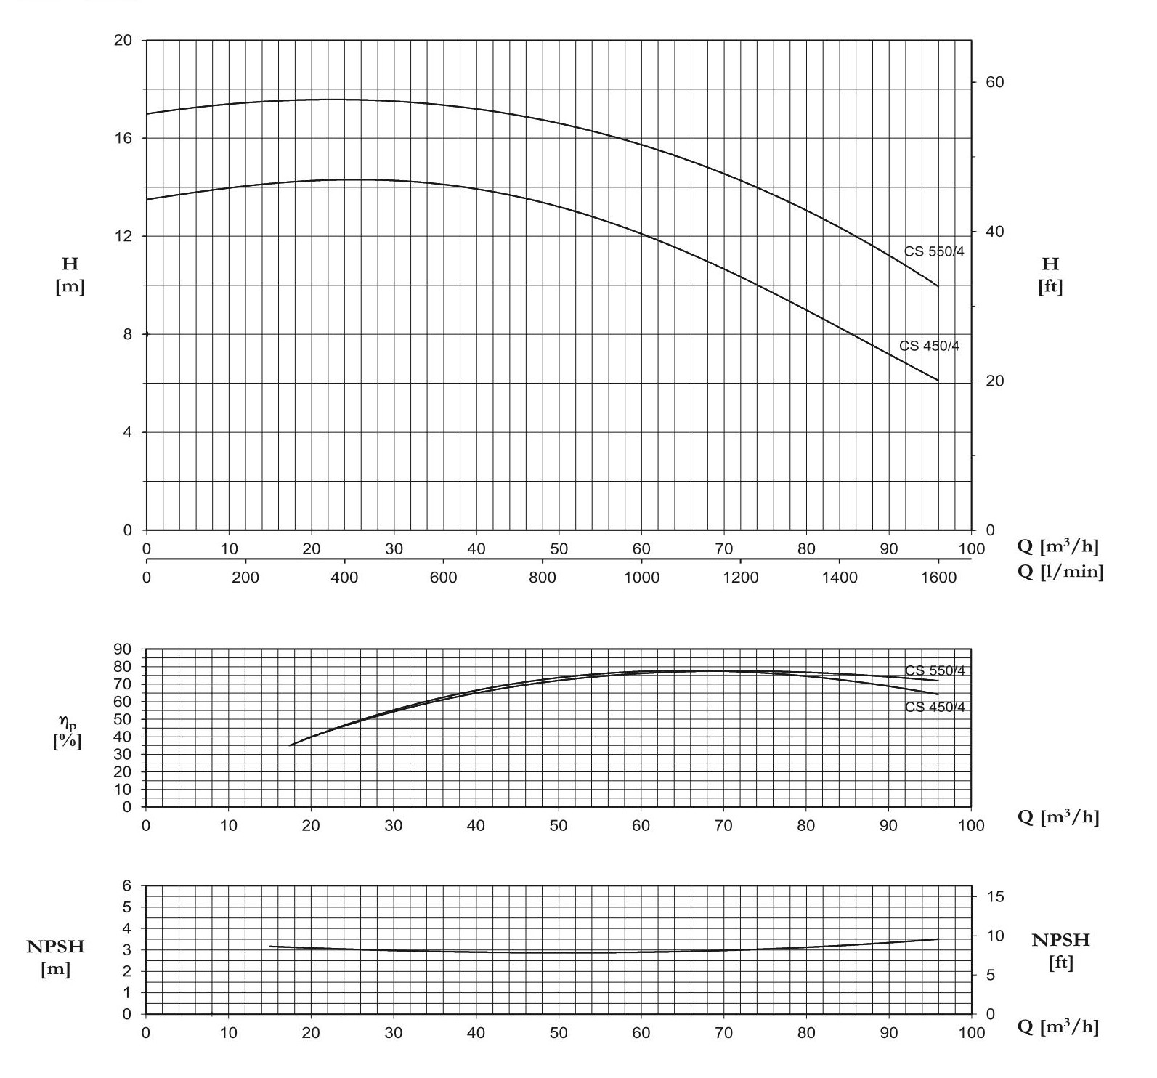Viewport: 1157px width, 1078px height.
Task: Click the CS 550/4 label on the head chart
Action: pyautogui.click(x=934, y=251)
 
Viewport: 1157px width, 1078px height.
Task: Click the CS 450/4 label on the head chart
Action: pyautogui.click(x=929, y=346)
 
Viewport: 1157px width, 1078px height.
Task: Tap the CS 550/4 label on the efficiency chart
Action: pyautogui.click(x=935, y=670)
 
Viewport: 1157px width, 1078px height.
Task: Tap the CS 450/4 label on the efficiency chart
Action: pyautogui.click(x=935, y=707)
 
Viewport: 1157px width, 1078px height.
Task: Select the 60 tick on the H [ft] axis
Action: pyautogui.click(x=994, y=82)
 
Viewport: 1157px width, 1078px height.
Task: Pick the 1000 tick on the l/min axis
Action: pyautogui.click(x=641, y=577)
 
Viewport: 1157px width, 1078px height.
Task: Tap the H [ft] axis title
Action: pyautogui.click(x=1050, y=275)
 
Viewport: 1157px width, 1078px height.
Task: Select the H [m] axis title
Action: pyautogui.click(x=70, y=275)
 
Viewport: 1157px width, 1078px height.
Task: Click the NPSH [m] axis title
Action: pyautogui.click(x=55, y=957)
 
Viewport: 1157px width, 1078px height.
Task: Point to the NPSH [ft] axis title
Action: pyautogui.click(x=1060, y=950)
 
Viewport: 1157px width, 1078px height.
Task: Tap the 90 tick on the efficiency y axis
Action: pyautogui.click(x=123, y=649)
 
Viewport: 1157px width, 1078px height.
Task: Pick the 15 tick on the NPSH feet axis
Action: pyautogui.click(x=994, y=896)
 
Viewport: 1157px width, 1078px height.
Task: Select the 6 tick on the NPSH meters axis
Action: pyautogui.click(x=128, y=885)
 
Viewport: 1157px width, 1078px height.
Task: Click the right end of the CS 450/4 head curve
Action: pyautogui.click(x=938, y=381)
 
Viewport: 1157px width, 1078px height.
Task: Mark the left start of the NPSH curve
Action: pyautogui.click(x=270, y=946)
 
